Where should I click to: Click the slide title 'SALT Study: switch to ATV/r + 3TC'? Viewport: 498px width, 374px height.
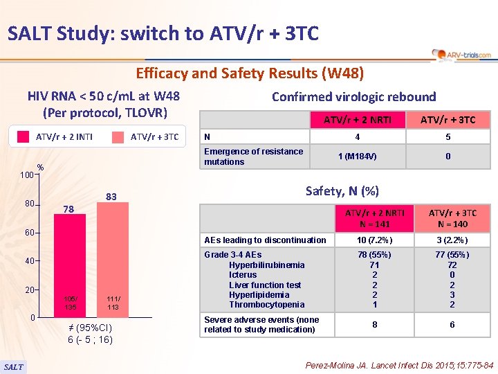click(x=163, y=33)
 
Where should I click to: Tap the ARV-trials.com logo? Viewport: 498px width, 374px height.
click(x=461, y=54)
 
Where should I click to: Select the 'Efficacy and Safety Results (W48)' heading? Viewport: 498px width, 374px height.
click(x=249, y=72)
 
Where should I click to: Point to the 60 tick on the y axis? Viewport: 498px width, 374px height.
click(x=28, y=232)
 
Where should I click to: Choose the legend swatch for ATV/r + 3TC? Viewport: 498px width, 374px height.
click(x=118, y=136)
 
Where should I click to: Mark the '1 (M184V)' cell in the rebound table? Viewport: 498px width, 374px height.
click(x=358, y=157)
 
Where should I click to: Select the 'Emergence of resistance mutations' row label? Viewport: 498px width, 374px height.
click(x=253, y=157)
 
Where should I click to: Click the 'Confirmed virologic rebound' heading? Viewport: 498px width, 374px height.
click(x=353, y=97)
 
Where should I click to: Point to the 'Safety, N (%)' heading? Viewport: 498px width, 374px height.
click(x=342, y=190)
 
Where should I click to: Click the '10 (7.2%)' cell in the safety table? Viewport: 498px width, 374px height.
click(x=373, y=240)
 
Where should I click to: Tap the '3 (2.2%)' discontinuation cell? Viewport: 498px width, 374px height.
click(x=452, y=240)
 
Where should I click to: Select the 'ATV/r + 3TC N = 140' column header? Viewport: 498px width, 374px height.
click(x=452, y=217)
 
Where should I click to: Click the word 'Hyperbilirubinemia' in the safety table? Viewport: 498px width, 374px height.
click(x=266, y=265)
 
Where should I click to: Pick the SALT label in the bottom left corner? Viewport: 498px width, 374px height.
click(x=13, y=366)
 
